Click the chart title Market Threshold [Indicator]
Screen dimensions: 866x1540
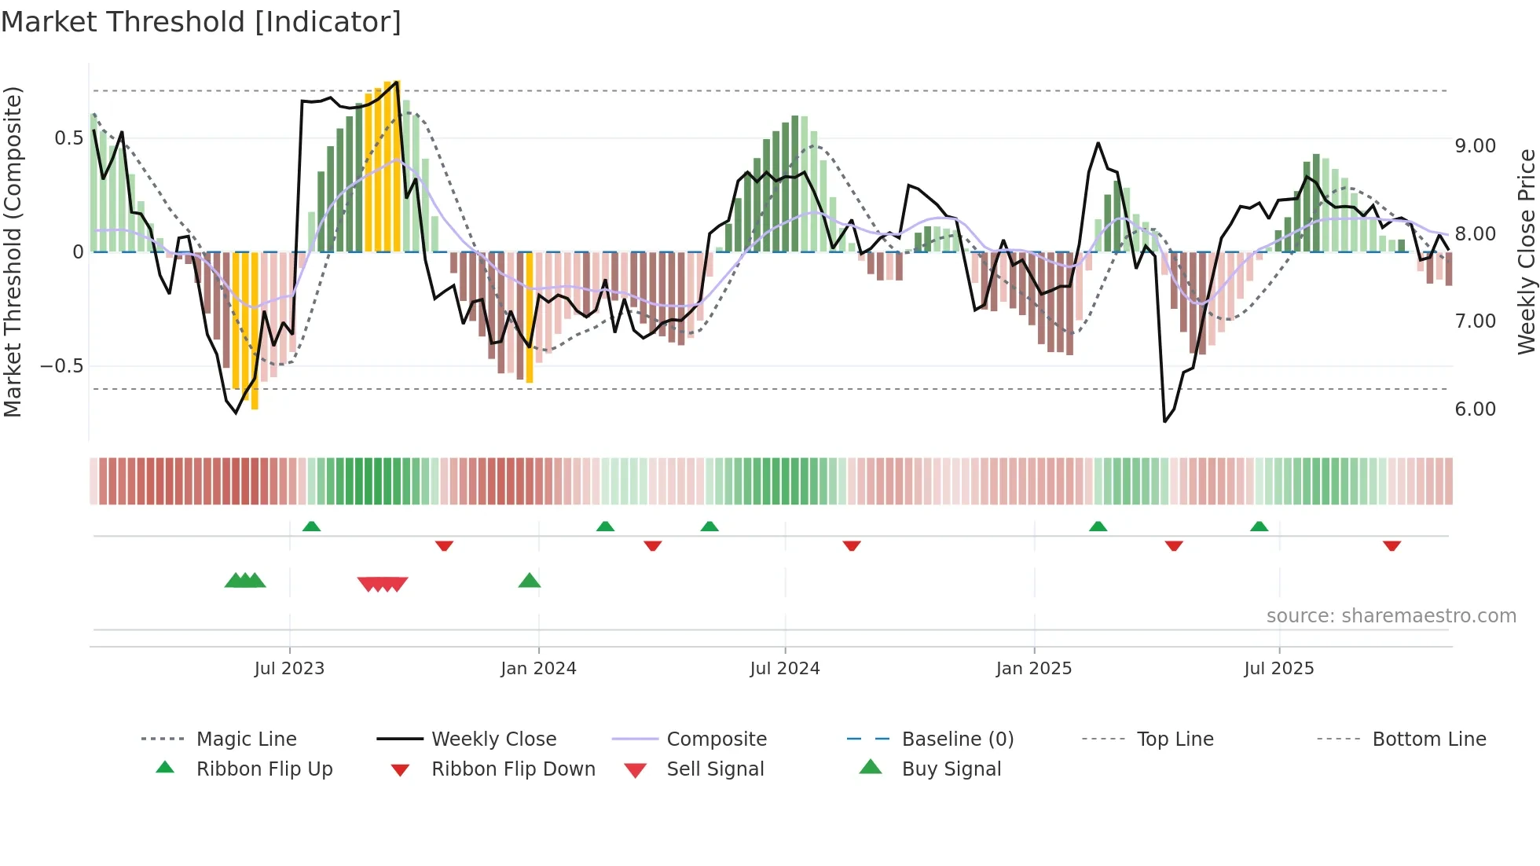(x=201, y=22)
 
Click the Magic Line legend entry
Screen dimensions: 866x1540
(x=246, y=739)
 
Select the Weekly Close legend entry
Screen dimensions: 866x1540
(x=493, y=739)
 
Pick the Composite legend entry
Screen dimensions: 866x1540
(x=716, y=739)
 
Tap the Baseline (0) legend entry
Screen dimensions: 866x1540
(x=957, y=739)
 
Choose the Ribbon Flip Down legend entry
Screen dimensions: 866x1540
(x=513, y=769)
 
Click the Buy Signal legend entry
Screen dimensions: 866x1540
(x=951, y=769)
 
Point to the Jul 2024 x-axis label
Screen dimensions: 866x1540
(x=784, y=669)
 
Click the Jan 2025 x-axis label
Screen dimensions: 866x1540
(x=1033, y=669)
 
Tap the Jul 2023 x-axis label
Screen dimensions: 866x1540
(x=289, y=669)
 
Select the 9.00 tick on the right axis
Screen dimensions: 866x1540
(x=1475, y=146)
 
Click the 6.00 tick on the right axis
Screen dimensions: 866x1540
(x=1475, y=409)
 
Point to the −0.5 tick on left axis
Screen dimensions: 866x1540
(x=61, y=366)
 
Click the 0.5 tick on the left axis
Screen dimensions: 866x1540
(x=68, y=138)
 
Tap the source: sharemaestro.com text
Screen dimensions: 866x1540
(x=1391, y=616)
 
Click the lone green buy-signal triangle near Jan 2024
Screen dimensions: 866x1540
(x=530, y=581)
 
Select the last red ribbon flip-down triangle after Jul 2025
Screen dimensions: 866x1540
(x=1391, y=545)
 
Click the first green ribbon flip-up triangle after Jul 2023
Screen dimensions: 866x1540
(x=311, y=526)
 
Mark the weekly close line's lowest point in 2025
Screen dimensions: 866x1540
(x=1164, y=422)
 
